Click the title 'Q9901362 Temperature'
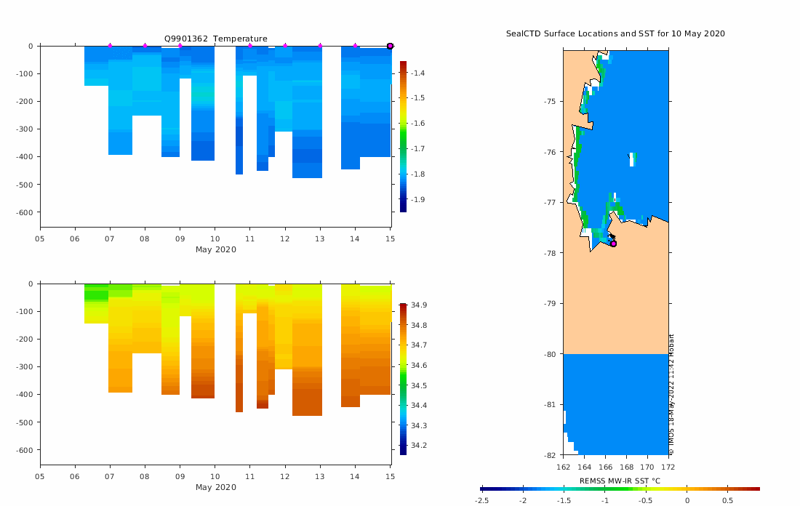click(x=215, y=39)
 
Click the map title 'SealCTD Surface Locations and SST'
click(x=615, y=34)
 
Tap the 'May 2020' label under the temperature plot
click(x=215, y=249)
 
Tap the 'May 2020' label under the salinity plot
click(x=215, y=487)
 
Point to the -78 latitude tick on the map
click(x=549, y=253)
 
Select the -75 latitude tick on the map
click(x=549, y=101)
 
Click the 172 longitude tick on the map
click(x=668, y=466)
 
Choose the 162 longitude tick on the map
click(x=563, y=466)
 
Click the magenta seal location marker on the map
click(x=613, y=244)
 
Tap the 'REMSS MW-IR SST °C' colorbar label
click(x=620, y=481)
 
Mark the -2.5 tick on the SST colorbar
click(x=481, y=501)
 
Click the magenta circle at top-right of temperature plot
click(x=390, y=46)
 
